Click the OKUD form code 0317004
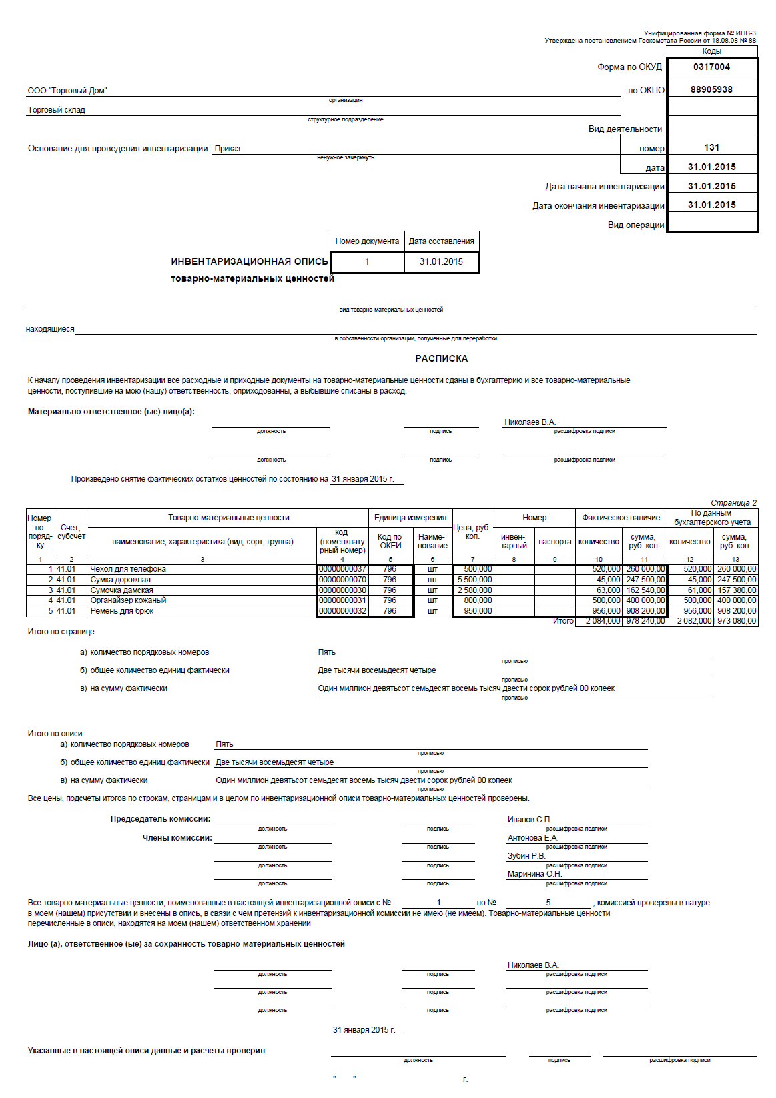711,67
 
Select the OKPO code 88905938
711,89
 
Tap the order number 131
711,147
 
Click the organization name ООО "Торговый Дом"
67,91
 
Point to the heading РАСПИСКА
441,358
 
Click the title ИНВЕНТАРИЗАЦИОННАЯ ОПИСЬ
250,261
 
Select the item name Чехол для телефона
128,569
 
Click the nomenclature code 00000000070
342,580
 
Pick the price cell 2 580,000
474,590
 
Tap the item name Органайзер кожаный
128,600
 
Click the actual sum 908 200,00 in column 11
645,611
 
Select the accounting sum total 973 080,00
737,621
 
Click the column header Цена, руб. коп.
472,532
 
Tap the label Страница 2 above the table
733,503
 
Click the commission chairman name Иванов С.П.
529,820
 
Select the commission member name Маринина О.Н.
534,874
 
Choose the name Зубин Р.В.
526,856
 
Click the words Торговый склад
57,110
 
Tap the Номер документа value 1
367,262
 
